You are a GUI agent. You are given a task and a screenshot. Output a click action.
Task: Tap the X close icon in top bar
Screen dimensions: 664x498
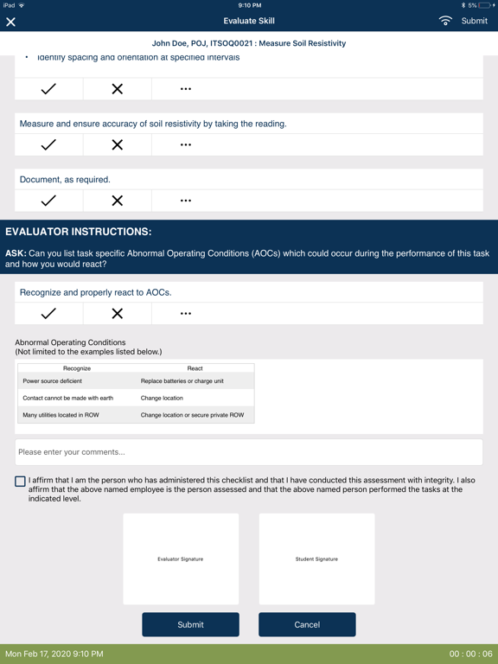point(11,22)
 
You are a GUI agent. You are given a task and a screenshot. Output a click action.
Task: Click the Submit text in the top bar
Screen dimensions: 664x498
point(474,21)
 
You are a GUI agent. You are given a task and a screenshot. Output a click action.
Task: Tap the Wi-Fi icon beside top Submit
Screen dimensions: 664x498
point(445,21)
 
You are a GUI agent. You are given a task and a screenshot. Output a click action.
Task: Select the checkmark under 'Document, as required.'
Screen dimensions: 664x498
point(48,201)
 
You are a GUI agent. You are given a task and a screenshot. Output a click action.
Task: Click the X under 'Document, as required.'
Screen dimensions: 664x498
point(117,201)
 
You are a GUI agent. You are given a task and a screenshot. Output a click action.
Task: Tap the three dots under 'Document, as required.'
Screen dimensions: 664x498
point(186,201)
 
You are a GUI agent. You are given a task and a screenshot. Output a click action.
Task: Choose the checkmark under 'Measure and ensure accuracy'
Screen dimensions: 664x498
point(48,145)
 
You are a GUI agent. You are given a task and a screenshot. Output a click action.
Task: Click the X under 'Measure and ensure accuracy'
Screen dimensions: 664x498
point(117,145)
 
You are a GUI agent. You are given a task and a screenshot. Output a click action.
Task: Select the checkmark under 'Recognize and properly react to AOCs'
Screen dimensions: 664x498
point(48,314)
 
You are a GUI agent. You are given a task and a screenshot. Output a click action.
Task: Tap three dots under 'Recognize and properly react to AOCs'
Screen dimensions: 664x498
point(186,314)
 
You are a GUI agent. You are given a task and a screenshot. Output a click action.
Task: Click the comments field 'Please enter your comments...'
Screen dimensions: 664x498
point(248,452)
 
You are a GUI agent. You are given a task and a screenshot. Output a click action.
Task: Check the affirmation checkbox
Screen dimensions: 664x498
point(20,482)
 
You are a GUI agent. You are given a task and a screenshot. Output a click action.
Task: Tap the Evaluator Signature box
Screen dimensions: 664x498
point(181,559)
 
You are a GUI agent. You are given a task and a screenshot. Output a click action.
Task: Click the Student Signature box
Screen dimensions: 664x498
point(316,559)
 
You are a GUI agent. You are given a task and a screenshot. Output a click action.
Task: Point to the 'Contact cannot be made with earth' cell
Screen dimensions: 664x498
point(67,399)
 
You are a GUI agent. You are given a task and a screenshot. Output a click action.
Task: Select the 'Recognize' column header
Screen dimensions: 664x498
point(77,368)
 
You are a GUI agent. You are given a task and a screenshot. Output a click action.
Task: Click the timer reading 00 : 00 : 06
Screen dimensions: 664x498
point(470,654)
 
